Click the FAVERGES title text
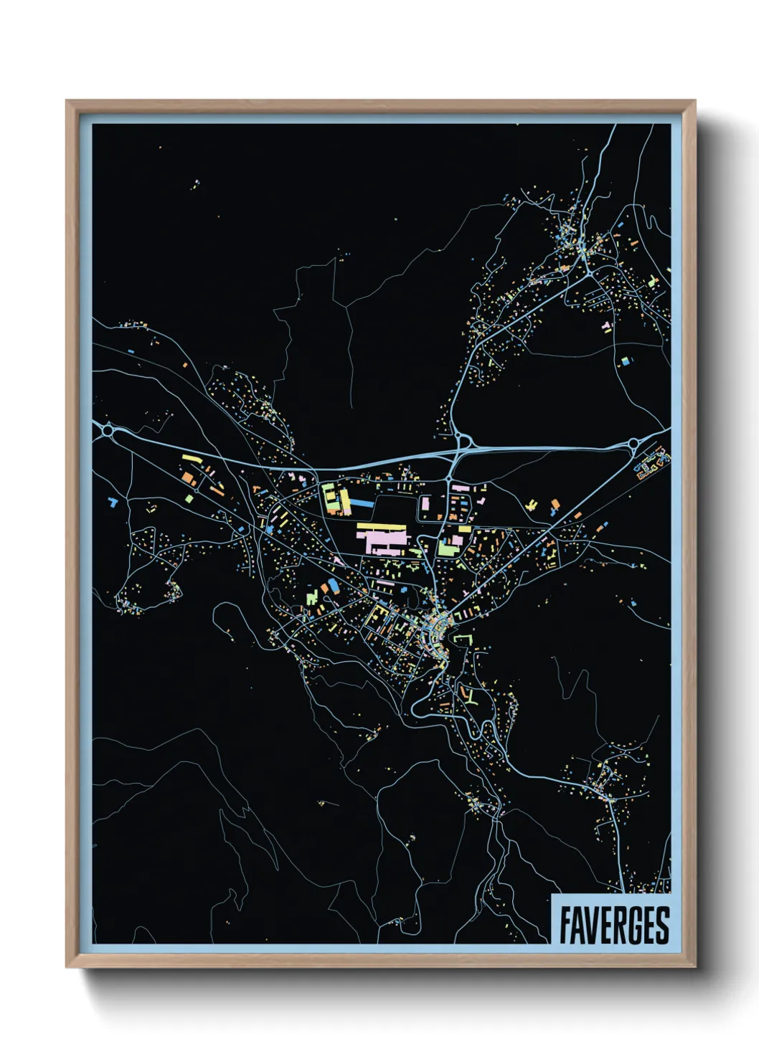[613, 925]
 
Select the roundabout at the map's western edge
[108, 430]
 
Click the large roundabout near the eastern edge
[634, 444]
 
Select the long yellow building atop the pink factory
[381, 528]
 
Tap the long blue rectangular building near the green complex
[363, 503]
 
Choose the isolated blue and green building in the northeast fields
[624, 361]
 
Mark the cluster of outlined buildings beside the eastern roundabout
[651, 465]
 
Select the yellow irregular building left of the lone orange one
[532, 504]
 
